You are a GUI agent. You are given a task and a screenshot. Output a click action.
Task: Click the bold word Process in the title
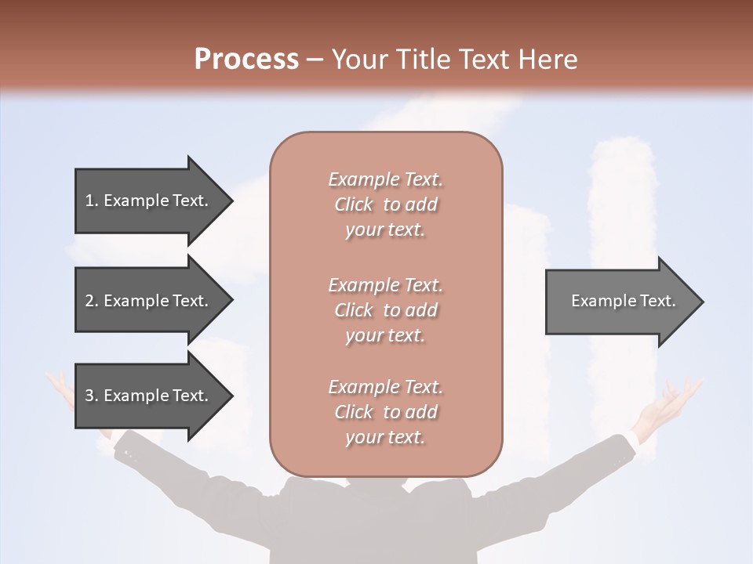tap(246, 59)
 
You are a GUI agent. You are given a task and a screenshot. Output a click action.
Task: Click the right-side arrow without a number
tap(620, 301)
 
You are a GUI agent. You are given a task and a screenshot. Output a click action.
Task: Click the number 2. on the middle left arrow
tap(91, 301)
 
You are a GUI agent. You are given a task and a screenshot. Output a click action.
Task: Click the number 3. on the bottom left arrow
tap(91, 396)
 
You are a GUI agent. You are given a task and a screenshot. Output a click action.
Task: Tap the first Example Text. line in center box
tap(385, 179)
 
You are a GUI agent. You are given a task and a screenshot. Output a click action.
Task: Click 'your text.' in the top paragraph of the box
tap(385, 230)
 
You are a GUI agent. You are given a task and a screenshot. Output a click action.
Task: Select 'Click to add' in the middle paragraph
tap(385, 310)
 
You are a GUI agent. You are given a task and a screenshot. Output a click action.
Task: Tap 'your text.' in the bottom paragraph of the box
tap(385, 437)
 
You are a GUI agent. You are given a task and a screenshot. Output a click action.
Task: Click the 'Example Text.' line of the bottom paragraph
tap(385, 387)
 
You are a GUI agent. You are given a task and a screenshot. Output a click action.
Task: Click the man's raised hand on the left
tap(60, 389)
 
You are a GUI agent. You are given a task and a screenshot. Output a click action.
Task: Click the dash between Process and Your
tap(315, 60)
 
